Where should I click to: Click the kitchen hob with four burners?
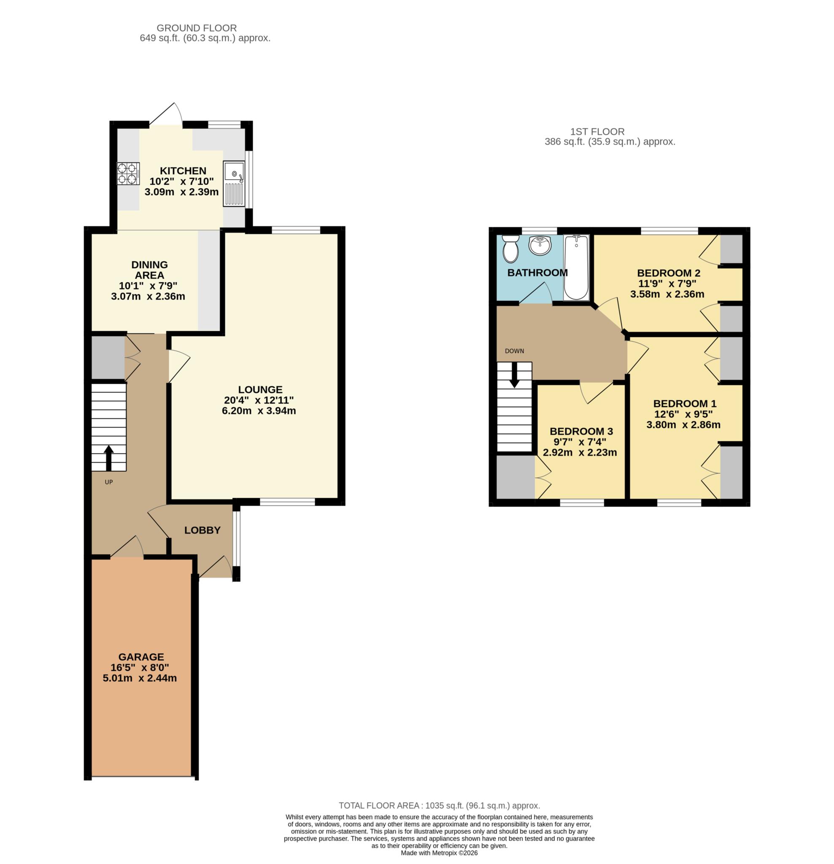[128, 173]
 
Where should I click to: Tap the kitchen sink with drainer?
[234, 184]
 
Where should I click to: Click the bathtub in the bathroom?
[576, 267]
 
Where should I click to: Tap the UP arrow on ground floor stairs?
[108, 458]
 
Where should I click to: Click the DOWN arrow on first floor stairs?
[514, 375]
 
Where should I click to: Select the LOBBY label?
[202, 530]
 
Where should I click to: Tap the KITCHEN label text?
[183, 170]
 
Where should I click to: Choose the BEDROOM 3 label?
[581, 431]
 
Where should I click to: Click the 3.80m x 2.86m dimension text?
[683, 424]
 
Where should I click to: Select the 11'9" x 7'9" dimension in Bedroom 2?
[667, 283]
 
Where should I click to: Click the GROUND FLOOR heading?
[197, 28]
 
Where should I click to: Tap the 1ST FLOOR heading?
[597, 131]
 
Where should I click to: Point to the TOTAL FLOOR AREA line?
[440, 805]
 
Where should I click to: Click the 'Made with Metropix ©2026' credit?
[439, 853]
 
